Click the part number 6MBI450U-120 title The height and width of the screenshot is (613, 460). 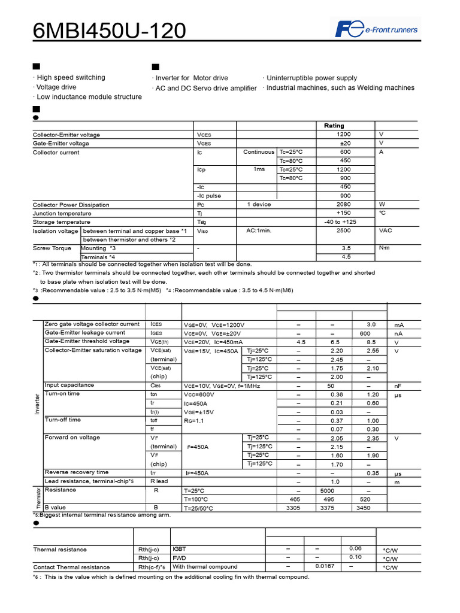click(x=109, y=30)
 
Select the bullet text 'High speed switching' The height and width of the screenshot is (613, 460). click(x=71, y=78)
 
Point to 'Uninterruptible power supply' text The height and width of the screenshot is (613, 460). click(x=311, y=78)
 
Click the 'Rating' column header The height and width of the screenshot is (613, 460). click(x=334, y=126)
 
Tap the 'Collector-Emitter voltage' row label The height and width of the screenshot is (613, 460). click(x=66, y=135)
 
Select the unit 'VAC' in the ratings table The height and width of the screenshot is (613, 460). click(x=386, y=230)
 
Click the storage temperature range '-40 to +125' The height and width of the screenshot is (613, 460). click(x=340, y=222)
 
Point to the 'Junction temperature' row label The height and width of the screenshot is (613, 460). click(x=62, y=214)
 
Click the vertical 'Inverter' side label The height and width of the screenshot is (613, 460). click(x=37, y=404)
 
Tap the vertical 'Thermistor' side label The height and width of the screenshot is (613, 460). click(x=37, y=499)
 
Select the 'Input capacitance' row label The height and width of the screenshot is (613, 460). click(x=69, y=386)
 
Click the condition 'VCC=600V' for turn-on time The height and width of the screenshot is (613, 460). click(x=199, y=395)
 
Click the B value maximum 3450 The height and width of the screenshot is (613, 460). click(x=364, y=508)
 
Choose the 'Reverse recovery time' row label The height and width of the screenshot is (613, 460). click(x=77, y=472)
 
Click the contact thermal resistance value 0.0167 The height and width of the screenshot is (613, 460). click(x=325, y=566)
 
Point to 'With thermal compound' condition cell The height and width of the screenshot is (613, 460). click(x=205, y=567)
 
